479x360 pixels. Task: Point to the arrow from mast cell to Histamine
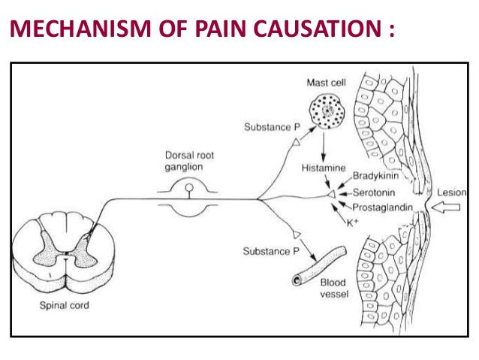pyautogui.click(x=324, y=144)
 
